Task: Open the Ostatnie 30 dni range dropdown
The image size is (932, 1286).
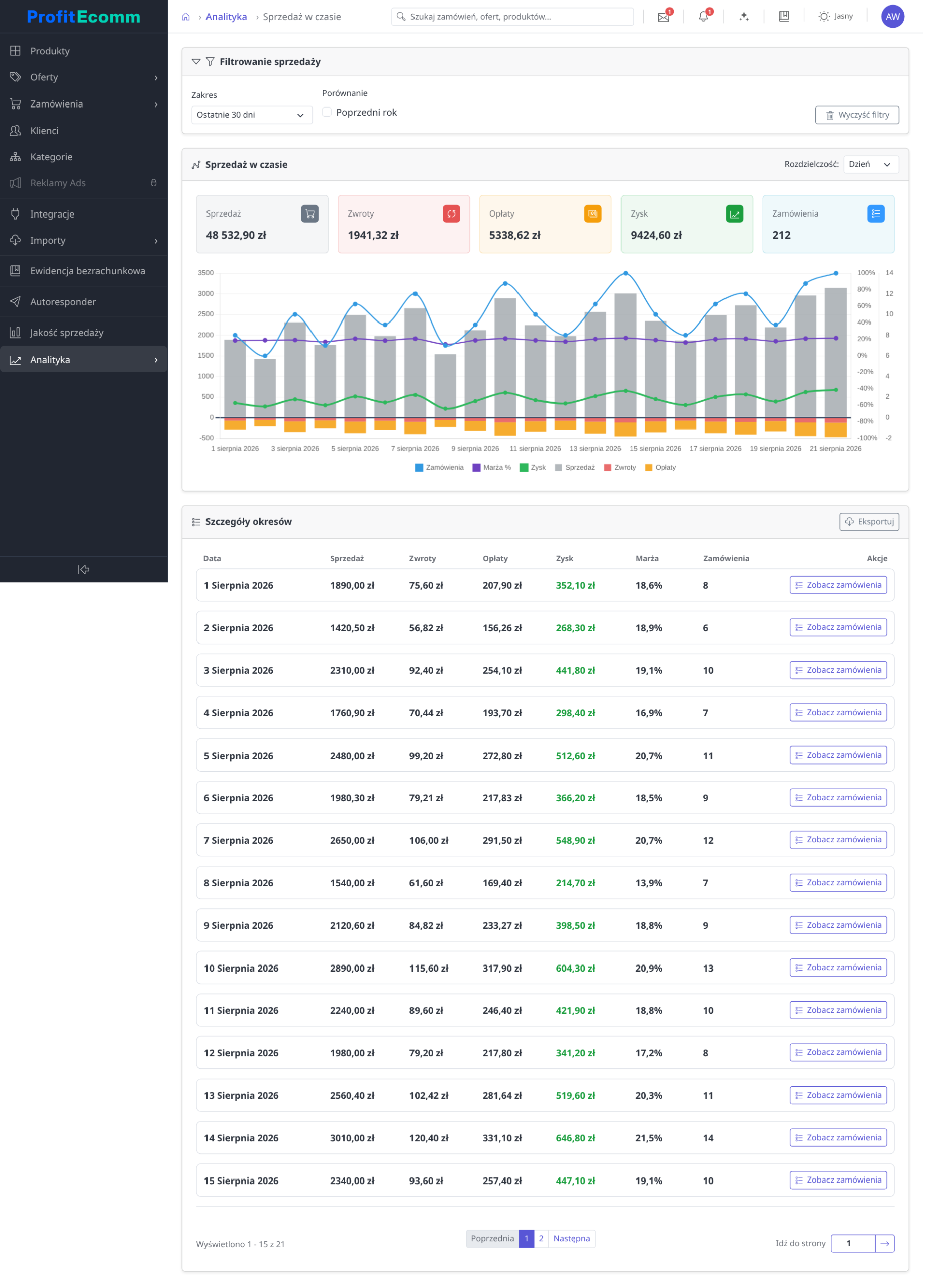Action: tap(254, 116)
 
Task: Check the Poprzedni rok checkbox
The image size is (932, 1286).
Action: tap(330, 113)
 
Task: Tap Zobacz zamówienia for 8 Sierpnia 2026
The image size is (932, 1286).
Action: tap(846, 890)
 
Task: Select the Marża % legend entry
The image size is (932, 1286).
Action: tap(496, 472)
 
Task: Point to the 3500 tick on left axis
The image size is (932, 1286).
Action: tap(208, 275)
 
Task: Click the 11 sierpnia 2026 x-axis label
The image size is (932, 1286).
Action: tap(540, 453)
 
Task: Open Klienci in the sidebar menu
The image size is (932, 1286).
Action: tap(45, 132)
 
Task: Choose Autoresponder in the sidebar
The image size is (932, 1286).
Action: tap(63, 304)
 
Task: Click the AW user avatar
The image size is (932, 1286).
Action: tap(900, 17)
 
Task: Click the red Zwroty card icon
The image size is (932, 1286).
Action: tap(455, 216)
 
